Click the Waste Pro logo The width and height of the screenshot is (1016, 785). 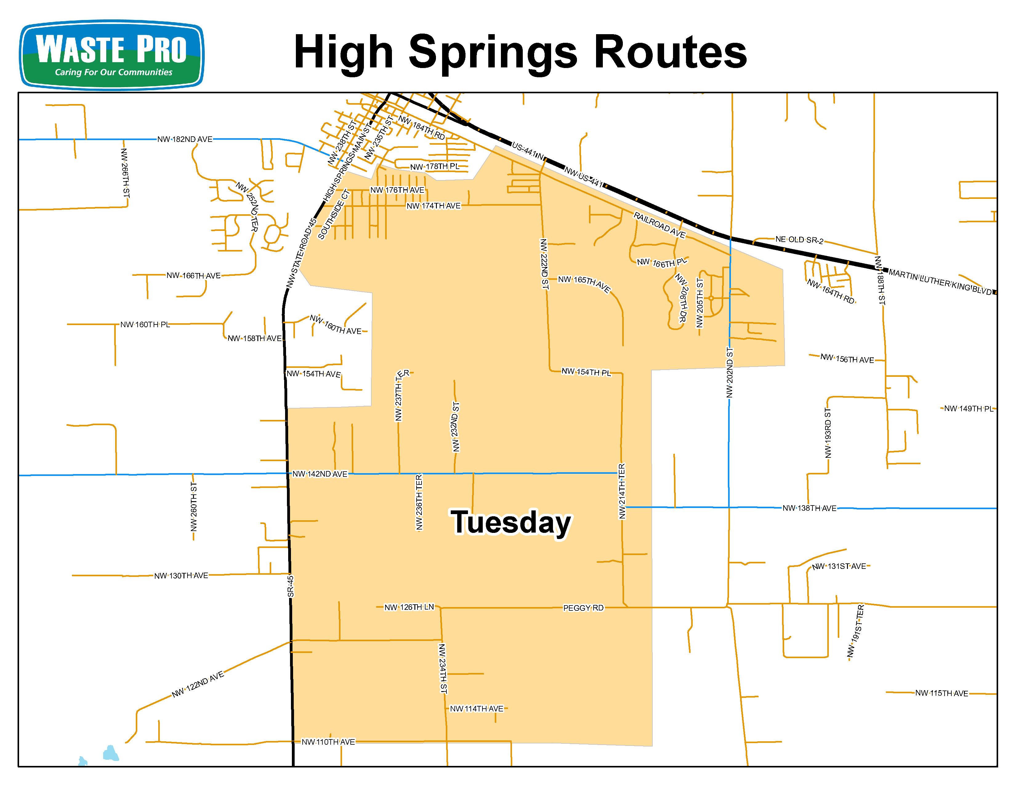[x=111, y=54]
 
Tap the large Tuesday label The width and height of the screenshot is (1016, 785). [x=511, y=522]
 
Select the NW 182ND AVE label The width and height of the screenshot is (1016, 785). [x=185, y=139]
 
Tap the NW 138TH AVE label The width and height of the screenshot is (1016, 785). [x=809, y=508]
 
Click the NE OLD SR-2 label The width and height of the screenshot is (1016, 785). [x=799, y=240]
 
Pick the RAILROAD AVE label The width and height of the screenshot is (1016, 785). [x=659, y=225]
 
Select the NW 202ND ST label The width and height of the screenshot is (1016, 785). [x=729, y=372]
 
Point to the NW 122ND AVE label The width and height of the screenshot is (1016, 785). [x=198, y=684]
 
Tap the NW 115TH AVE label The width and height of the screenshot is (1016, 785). [x=941, y=693]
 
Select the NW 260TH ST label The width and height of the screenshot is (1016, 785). [x=194, y=506]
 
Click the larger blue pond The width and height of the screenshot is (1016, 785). [x=111, y=753]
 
